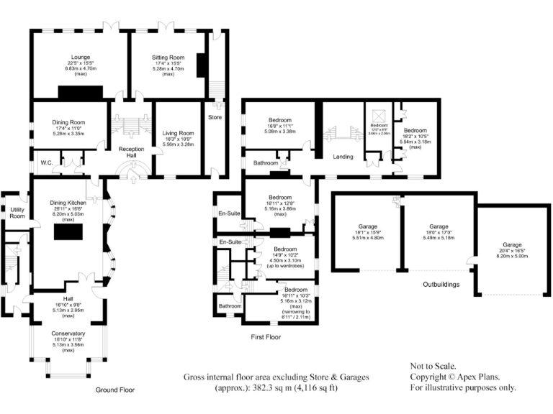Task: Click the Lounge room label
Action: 80,56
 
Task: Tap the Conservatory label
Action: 68,333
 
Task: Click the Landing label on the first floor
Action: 342,156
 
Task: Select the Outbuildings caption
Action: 440,285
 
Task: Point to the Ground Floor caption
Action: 115,390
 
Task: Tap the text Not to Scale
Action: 433,365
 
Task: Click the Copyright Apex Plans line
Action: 454,376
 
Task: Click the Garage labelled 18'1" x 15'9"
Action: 361,227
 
